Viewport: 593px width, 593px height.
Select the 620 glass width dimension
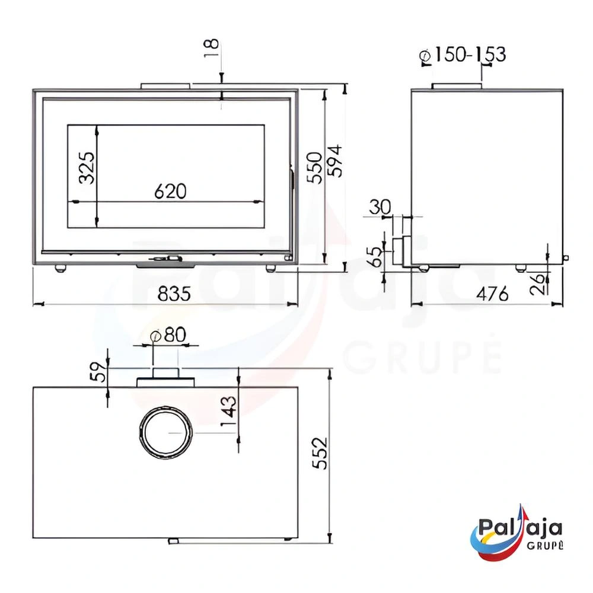(x=170, y=191)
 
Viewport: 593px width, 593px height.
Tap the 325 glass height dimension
(x=87, y=168)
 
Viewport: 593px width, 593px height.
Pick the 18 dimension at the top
(x=212, y=48)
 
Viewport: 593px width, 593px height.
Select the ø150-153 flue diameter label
(x=463, y=55)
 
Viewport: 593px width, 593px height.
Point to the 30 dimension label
(x=380, y=207)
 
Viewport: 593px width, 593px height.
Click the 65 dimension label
(x=375, y=257)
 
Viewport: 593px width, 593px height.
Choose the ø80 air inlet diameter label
(x=168, y=335)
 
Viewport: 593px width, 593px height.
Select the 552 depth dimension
(x=320, y=454)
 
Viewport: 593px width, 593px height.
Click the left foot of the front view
(x=60, y=268)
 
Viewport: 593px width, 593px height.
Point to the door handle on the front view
(x=167, y=259)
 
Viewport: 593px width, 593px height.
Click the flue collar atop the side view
(x=456, y=87)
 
